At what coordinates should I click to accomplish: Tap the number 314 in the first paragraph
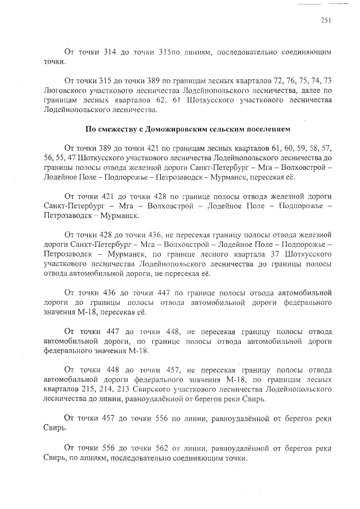tap(110, 52)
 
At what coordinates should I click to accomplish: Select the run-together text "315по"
tap(169, 52)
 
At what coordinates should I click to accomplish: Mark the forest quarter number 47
tap(75, 159)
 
